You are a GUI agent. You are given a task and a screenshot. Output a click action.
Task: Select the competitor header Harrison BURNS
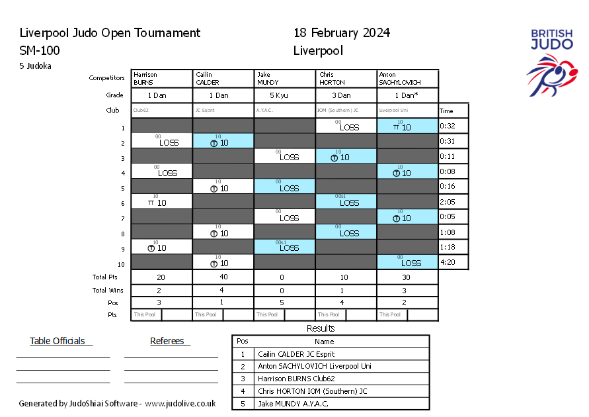(162, 79)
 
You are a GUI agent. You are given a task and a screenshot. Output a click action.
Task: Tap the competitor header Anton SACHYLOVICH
(407, 79)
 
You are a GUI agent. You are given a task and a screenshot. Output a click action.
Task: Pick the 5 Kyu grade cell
(284, 95)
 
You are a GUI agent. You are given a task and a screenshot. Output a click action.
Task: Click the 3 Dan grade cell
(346, 95)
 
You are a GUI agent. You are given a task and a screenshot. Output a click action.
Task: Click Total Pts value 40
(223, 278)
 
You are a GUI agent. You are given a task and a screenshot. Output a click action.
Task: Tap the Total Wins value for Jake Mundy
(284, 290)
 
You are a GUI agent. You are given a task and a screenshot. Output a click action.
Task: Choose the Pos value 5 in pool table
(284, 302)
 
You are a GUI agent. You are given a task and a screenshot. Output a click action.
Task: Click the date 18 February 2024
(342, 33)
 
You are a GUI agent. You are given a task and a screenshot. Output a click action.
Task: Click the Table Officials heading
(58, 342)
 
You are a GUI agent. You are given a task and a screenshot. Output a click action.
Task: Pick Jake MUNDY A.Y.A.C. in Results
(293, 403)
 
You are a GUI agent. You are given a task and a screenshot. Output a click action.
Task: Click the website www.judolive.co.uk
(180, 403)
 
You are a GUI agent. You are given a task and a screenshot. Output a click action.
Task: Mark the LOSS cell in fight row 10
(407, 262)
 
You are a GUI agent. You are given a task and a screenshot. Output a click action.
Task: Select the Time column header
(447, 111)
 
